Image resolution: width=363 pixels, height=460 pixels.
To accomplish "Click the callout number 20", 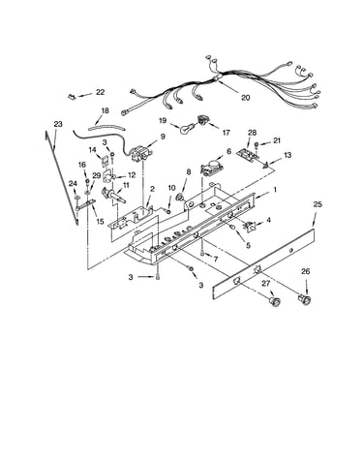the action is click(x=246, y=98).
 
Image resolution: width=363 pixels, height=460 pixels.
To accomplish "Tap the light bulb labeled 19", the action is click(x=187, y=129).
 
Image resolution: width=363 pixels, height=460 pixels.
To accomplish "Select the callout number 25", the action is click(x=318, y=204).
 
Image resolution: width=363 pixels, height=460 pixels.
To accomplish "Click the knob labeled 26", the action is click(x=305, y=299).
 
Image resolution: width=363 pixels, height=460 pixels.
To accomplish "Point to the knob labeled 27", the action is click(x=274, y=301).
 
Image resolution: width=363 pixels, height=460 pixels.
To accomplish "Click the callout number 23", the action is click(x=58, y=124).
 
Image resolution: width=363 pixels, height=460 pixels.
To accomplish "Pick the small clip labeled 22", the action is click(x=72, y=96).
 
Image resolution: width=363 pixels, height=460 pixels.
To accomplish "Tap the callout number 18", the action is click(x=105, y=110).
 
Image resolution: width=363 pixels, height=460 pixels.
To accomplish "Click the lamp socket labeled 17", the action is click(x=203, y=120).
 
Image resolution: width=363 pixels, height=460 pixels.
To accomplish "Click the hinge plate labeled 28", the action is click(x=248, y=154).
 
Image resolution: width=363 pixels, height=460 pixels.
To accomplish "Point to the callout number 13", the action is click(x=287, y=155).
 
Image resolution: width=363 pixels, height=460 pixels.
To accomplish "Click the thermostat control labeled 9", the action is click(x=140, y=153).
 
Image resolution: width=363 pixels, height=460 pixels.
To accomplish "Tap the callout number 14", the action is click(x=93, y=150).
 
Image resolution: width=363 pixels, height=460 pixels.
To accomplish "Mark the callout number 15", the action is click(x=100, y=222).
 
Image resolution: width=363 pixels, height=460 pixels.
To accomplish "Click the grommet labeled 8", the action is click(x=179, y=197).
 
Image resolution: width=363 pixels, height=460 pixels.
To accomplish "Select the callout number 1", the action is click(x=275, y=190).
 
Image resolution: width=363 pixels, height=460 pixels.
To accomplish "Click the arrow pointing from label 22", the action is click(x=84, y=95).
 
